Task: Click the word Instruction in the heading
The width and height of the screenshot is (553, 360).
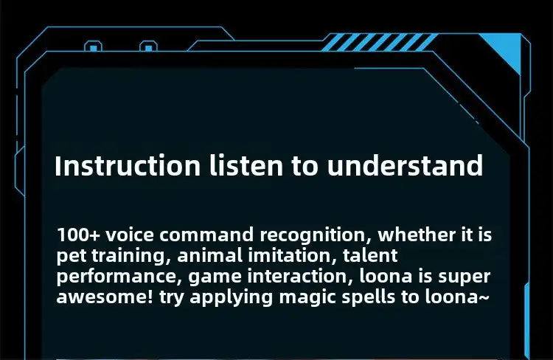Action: pyautogui.click(x=128, y=166)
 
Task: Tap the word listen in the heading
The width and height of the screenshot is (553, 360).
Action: pyautogui.click(x=246, y=165)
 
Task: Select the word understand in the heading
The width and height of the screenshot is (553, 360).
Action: pyautogui.click(x=405, y=165)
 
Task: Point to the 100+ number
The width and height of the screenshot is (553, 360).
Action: pyautogui.click(x=79, y=235)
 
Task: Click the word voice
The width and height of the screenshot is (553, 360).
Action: pyautogui.click(x=130, y=235)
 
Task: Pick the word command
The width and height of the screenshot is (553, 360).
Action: pyautogui.click(x=206, y=235)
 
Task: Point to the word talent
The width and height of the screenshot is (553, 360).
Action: pyautogui.click(x=370, y=255)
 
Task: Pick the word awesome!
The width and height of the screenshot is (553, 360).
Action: pyautogui.click(x=105, y=297)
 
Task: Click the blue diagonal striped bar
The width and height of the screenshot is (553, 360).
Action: pyautogui.click(x=379, y=42)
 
